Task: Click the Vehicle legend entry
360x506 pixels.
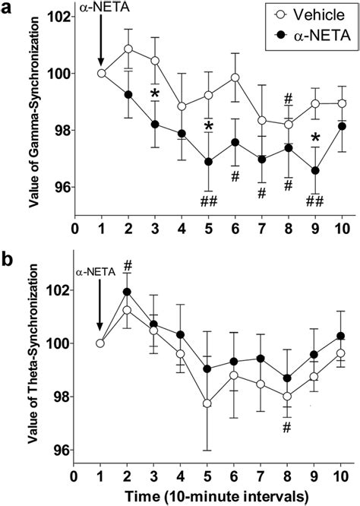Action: tap(311, 15)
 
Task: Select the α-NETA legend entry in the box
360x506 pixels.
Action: tap(311, 36)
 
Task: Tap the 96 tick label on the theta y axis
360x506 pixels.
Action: tap(59, 451)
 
